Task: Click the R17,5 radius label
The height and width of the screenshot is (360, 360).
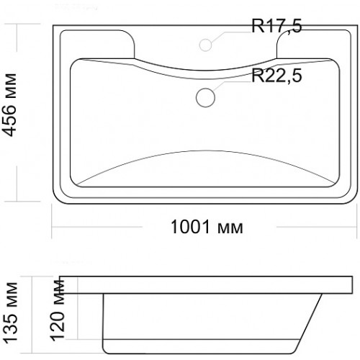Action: click(276, 26)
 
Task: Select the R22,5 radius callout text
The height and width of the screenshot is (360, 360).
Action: click(276, 76)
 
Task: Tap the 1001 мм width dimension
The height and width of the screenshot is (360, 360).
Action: click(207, 227)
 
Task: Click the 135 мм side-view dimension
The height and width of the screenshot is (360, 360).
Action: click(11, 312)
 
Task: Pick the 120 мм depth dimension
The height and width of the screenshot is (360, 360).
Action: click(58, 310)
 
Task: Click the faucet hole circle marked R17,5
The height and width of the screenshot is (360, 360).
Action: click(205, 45)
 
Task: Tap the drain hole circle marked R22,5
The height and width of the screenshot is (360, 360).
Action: click(205, 97)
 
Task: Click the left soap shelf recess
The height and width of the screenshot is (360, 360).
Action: click(97, 45)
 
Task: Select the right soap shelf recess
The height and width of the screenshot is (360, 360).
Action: click(314, 45)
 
